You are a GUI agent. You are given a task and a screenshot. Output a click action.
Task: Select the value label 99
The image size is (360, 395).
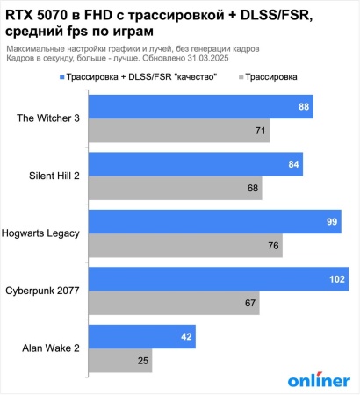pos(332,222)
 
